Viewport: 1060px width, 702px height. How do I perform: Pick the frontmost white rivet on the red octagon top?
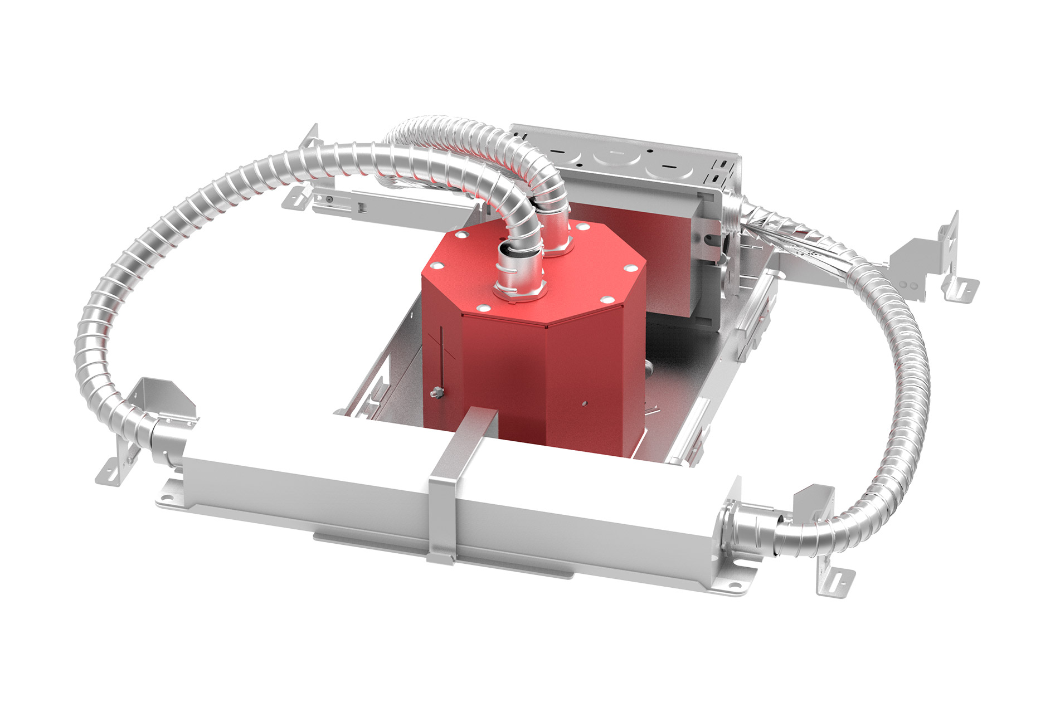[x=483, y=306]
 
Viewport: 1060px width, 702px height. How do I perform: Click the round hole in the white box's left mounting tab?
[x=168, y=494]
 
